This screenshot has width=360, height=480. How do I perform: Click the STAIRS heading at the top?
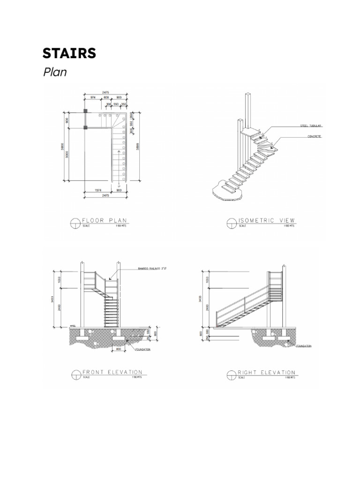coord(69,53)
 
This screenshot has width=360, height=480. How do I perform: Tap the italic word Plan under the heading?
coord(55,72)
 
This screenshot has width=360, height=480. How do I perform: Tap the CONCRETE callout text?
coord(314,136)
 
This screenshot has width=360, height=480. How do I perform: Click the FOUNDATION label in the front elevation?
coord(142,349)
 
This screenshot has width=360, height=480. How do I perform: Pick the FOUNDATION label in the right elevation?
coord(304,346)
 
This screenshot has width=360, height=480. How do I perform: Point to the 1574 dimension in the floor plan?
coord(97,190)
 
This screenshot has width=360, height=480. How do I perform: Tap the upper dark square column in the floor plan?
coord(85,111)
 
